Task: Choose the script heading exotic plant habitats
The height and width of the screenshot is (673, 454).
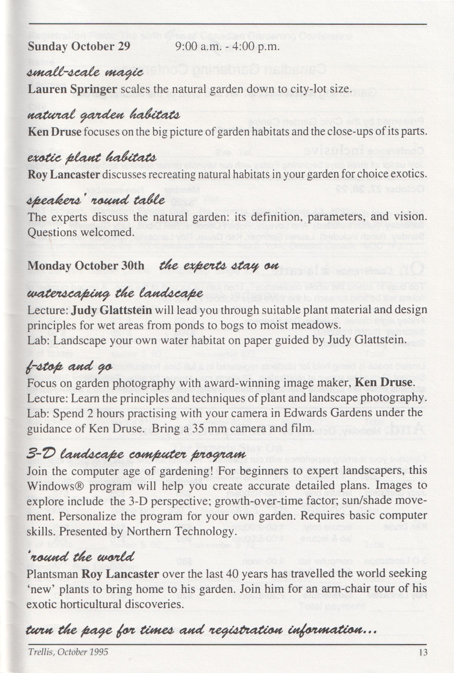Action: pos(92,158)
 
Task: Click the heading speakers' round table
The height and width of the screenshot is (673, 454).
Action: pos(96,200)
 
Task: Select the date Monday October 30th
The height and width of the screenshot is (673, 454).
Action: pos(86,265)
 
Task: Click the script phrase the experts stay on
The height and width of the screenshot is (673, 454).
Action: pos(219,265)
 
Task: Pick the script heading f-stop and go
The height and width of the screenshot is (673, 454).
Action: pos(69,367)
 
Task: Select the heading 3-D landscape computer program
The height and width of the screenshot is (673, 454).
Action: pos(136,454)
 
